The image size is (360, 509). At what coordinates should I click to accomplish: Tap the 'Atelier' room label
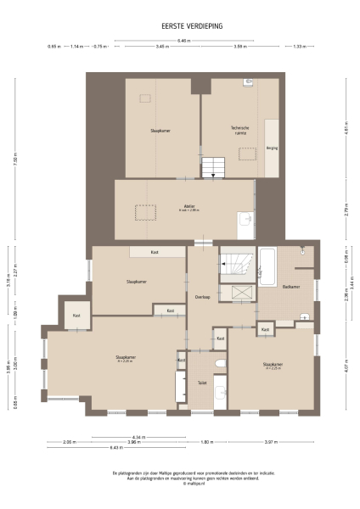point(188,205)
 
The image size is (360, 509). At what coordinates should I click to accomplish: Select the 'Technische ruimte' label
point(241,131)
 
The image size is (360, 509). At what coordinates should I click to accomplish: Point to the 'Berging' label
point(272,147)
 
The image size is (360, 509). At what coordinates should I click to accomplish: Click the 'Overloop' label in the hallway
point(202,296)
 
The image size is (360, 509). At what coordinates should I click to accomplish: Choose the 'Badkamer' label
point(291,287)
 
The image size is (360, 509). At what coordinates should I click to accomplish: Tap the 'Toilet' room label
point(202,383)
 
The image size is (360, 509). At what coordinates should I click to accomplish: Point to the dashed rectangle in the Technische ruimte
point(247,154)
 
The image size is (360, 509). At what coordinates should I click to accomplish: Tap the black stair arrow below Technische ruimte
point(213,175)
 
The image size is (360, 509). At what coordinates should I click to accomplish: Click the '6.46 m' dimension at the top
point(183,40)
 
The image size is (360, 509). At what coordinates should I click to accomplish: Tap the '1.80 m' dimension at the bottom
point(205,442)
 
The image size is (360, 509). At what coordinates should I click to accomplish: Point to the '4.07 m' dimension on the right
point(346,370)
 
